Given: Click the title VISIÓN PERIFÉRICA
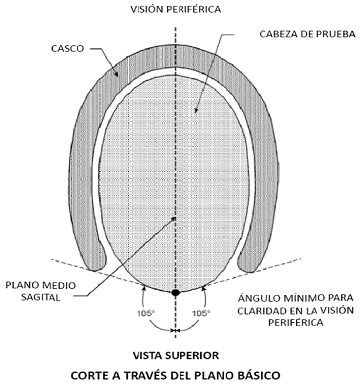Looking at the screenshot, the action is (176, 9).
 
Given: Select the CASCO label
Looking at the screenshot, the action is (67, 48).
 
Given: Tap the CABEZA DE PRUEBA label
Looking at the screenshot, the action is (307, 34).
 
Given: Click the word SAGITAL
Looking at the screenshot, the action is (41, 297).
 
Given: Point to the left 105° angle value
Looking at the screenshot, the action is (147, 313).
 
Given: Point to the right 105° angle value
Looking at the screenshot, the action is (202, 313).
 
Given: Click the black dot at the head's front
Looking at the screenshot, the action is (176, 292).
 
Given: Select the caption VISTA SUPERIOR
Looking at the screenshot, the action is (176, 355).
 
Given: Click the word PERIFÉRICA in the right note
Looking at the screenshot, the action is (295, 322).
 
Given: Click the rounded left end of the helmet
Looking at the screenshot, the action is (97, 261).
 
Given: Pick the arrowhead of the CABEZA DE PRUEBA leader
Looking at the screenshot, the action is (196, 111).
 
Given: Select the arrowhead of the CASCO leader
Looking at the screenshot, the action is (117, 74).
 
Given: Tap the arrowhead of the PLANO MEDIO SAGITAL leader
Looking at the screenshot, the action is (173, 219).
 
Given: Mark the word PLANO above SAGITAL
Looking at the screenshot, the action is (20, 285).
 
